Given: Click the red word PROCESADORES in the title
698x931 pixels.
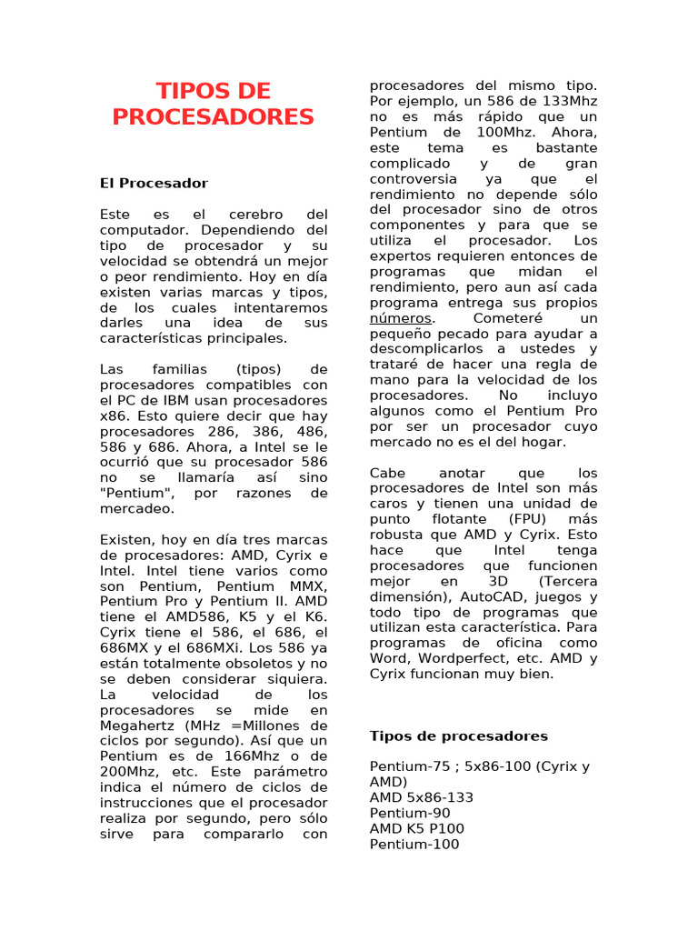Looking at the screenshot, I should coord(214,117).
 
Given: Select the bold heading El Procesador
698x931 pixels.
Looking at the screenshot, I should coord(154,184).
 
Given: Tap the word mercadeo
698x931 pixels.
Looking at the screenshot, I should coord(135,508).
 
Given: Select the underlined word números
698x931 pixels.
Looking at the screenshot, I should coord(401,318).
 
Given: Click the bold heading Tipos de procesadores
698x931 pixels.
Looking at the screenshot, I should coord(459,736).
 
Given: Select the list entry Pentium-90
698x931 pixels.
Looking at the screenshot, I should coord(410,813).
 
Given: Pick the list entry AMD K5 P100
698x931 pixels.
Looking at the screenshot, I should coord(416,828).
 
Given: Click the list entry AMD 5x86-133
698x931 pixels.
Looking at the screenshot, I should coord(421,797).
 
